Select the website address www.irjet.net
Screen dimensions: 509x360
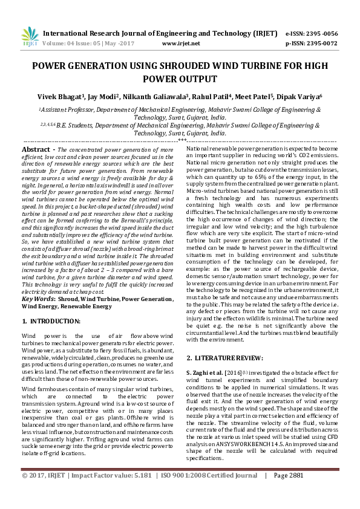181,44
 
